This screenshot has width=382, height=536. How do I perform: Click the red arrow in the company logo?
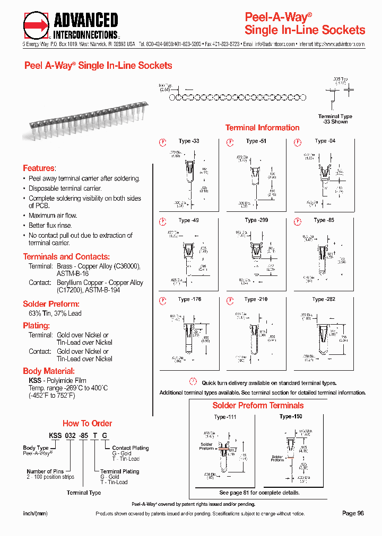(36, 25)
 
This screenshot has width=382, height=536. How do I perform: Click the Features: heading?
(39, 168)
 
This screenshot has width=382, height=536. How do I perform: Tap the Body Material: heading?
(49, 371)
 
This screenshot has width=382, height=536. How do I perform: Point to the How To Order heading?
(87, 423)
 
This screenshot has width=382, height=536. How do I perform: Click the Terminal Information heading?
(262, 128)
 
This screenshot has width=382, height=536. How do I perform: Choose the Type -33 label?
(189, 141)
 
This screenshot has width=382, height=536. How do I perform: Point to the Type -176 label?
(189, 299)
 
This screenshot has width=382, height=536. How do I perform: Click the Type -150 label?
(291, 417)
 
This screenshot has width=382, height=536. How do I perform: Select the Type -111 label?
(225, 417)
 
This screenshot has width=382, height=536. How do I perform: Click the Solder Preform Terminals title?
(258, 405)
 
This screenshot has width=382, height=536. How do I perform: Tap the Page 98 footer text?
(353, 513)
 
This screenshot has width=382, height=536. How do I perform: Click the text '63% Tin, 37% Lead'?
(51, 314)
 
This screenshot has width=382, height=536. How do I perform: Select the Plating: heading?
(36, 326)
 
